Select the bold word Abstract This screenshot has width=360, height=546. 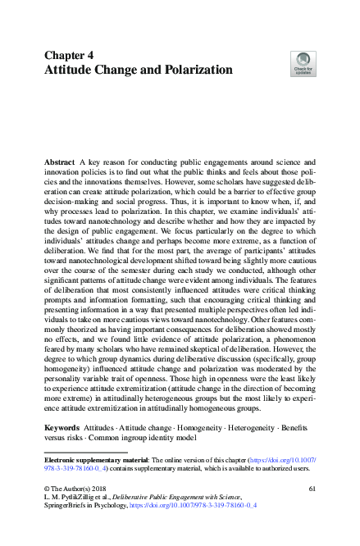pos(60,164)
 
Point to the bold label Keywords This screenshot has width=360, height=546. pos(64,429)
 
